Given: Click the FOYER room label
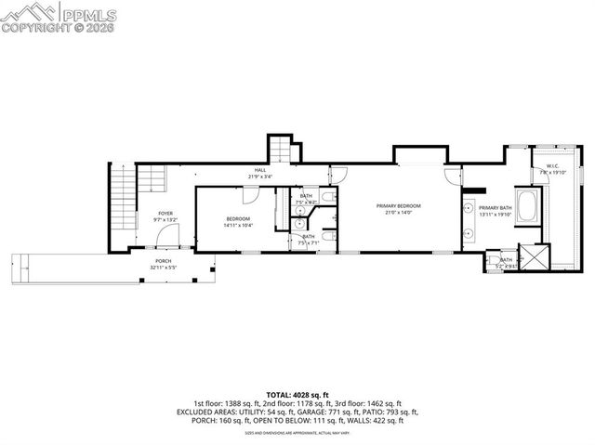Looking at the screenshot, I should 165,213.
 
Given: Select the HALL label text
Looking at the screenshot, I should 261,170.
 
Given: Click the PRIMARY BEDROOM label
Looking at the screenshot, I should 398,205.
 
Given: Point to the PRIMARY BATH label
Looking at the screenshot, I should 495,208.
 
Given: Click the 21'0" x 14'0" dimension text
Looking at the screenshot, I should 398,213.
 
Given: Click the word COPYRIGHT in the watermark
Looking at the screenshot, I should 31,27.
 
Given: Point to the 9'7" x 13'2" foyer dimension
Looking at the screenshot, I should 165,220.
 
